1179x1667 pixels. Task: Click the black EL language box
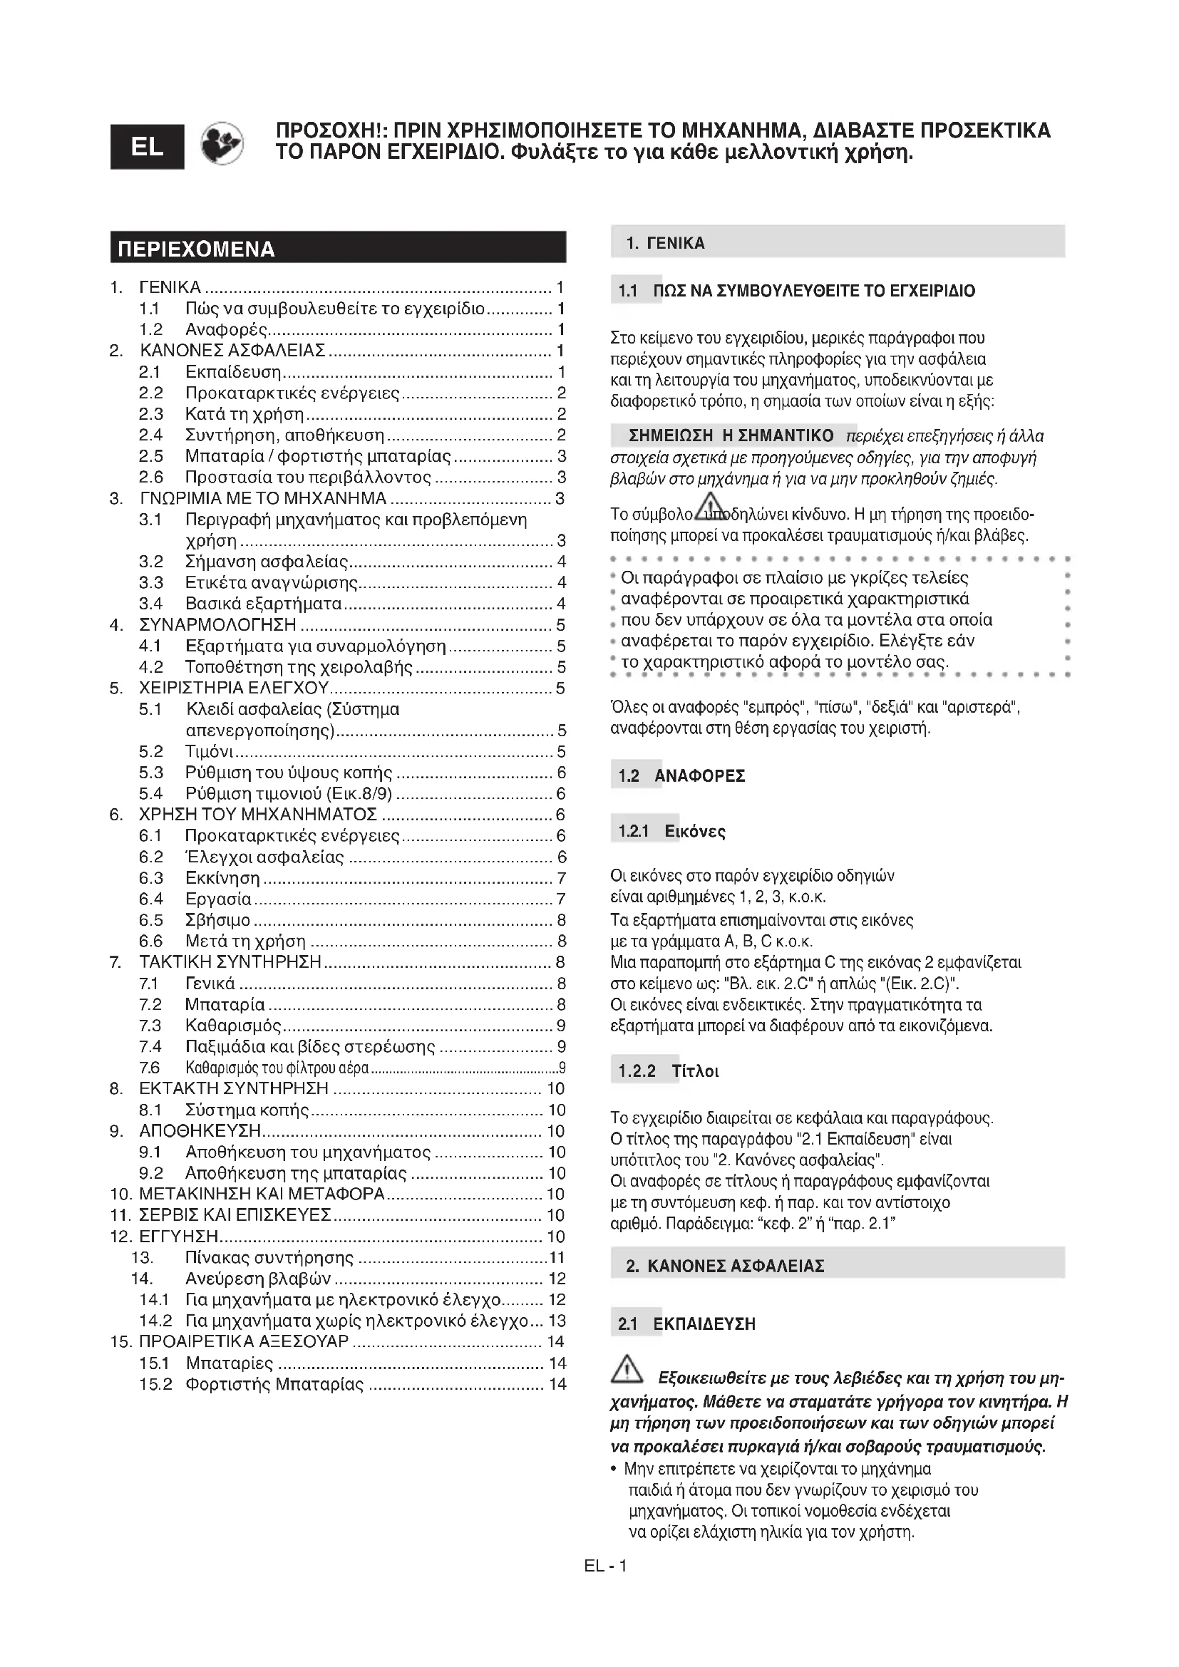[148, 147]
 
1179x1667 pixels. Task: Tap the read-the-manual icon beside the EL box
[222, 143]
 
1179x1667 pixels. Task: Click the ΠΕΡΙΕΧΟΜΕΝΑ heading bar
[338, 248]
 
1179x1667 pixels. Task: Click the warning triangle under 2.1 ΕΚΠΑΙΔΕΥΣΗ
[627, 1371]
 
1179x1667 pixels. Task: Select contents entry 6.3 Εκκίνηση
[222, 878]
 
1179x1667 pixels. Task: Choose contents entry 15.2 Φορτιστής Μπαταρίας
[274, 1384]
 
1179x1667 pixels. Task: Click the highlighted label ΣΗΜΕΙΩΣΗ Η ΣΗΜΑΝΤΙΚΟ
[731, 436]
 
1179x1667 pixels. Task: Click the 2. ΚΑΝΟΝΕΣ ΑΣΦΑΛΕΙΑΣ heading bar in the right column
[736, 1267]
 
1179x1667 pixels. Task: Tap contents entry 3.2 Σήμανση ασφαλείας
[266, 562]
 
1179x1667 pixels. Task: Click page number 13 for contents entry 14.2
[557, 1321]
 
